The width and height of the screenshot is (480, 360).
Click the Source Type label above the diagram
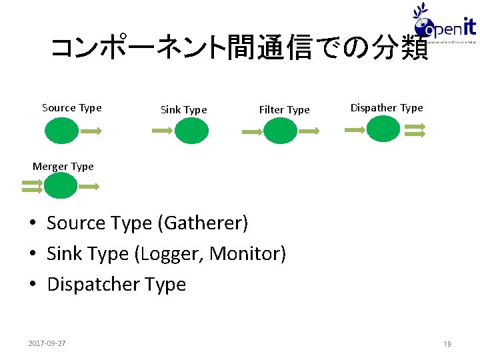[x=71, y=108]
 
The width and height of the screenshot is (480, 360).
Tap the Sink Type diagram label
[x=183, y=110]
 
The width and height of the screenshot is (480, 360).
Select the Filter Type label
[x=284, y=110]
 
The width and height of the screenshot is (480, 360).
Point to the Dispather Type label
[x=387, y=108]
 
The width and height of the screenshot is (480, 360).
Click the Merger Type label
[x=63, y=167]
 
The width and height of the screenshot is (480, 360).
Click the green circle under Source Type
[x=61, y=131]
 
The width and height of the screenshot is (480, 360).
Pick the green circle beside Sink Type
[x=191, y=131]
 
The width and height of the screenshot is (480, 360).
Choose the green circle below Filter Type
[x=280, y=131]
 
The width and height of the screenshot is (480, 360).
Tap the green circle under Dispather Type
[x=383, y=129]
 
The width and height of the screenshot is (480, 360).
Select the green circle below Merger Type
[x=61, y=185]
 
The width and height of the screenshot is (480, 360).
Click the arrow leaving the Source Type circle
[x=90, y=132]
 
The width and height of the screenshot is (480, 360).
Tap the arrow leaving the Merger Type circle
[x=89, y=187]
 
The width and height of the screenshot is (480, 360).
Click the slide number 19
[x=447, y=344]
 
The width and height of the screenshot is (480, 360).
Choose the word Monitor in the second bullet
[x=247, y=254]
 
